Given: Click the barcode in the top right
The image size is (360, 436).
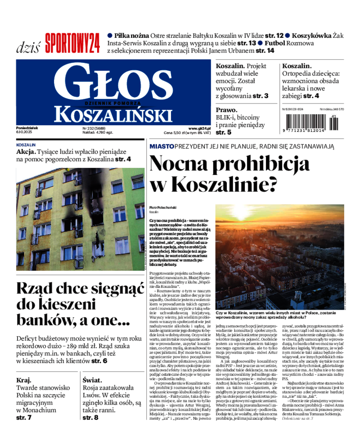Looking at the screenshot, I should coord(310,122).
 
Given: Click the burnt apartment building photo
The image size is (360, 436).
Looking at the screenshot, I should coord(81,219).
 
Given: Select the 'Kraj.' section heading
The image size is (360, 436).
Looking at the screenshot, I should coord(24,380).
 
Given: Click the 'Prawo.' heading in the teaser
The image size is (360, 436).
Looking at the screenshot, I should coord(226,110).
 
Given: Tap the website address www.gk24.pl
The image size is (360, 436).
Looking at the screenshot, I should coord(200,128).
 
